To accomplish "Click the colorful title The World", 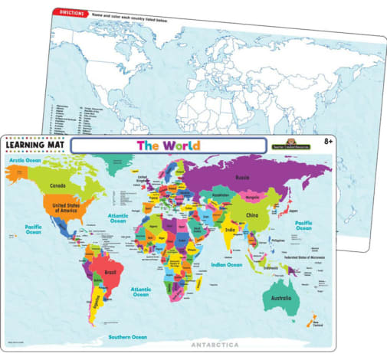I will (168, 146).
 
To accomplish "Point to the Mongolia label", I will (256, 198).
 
